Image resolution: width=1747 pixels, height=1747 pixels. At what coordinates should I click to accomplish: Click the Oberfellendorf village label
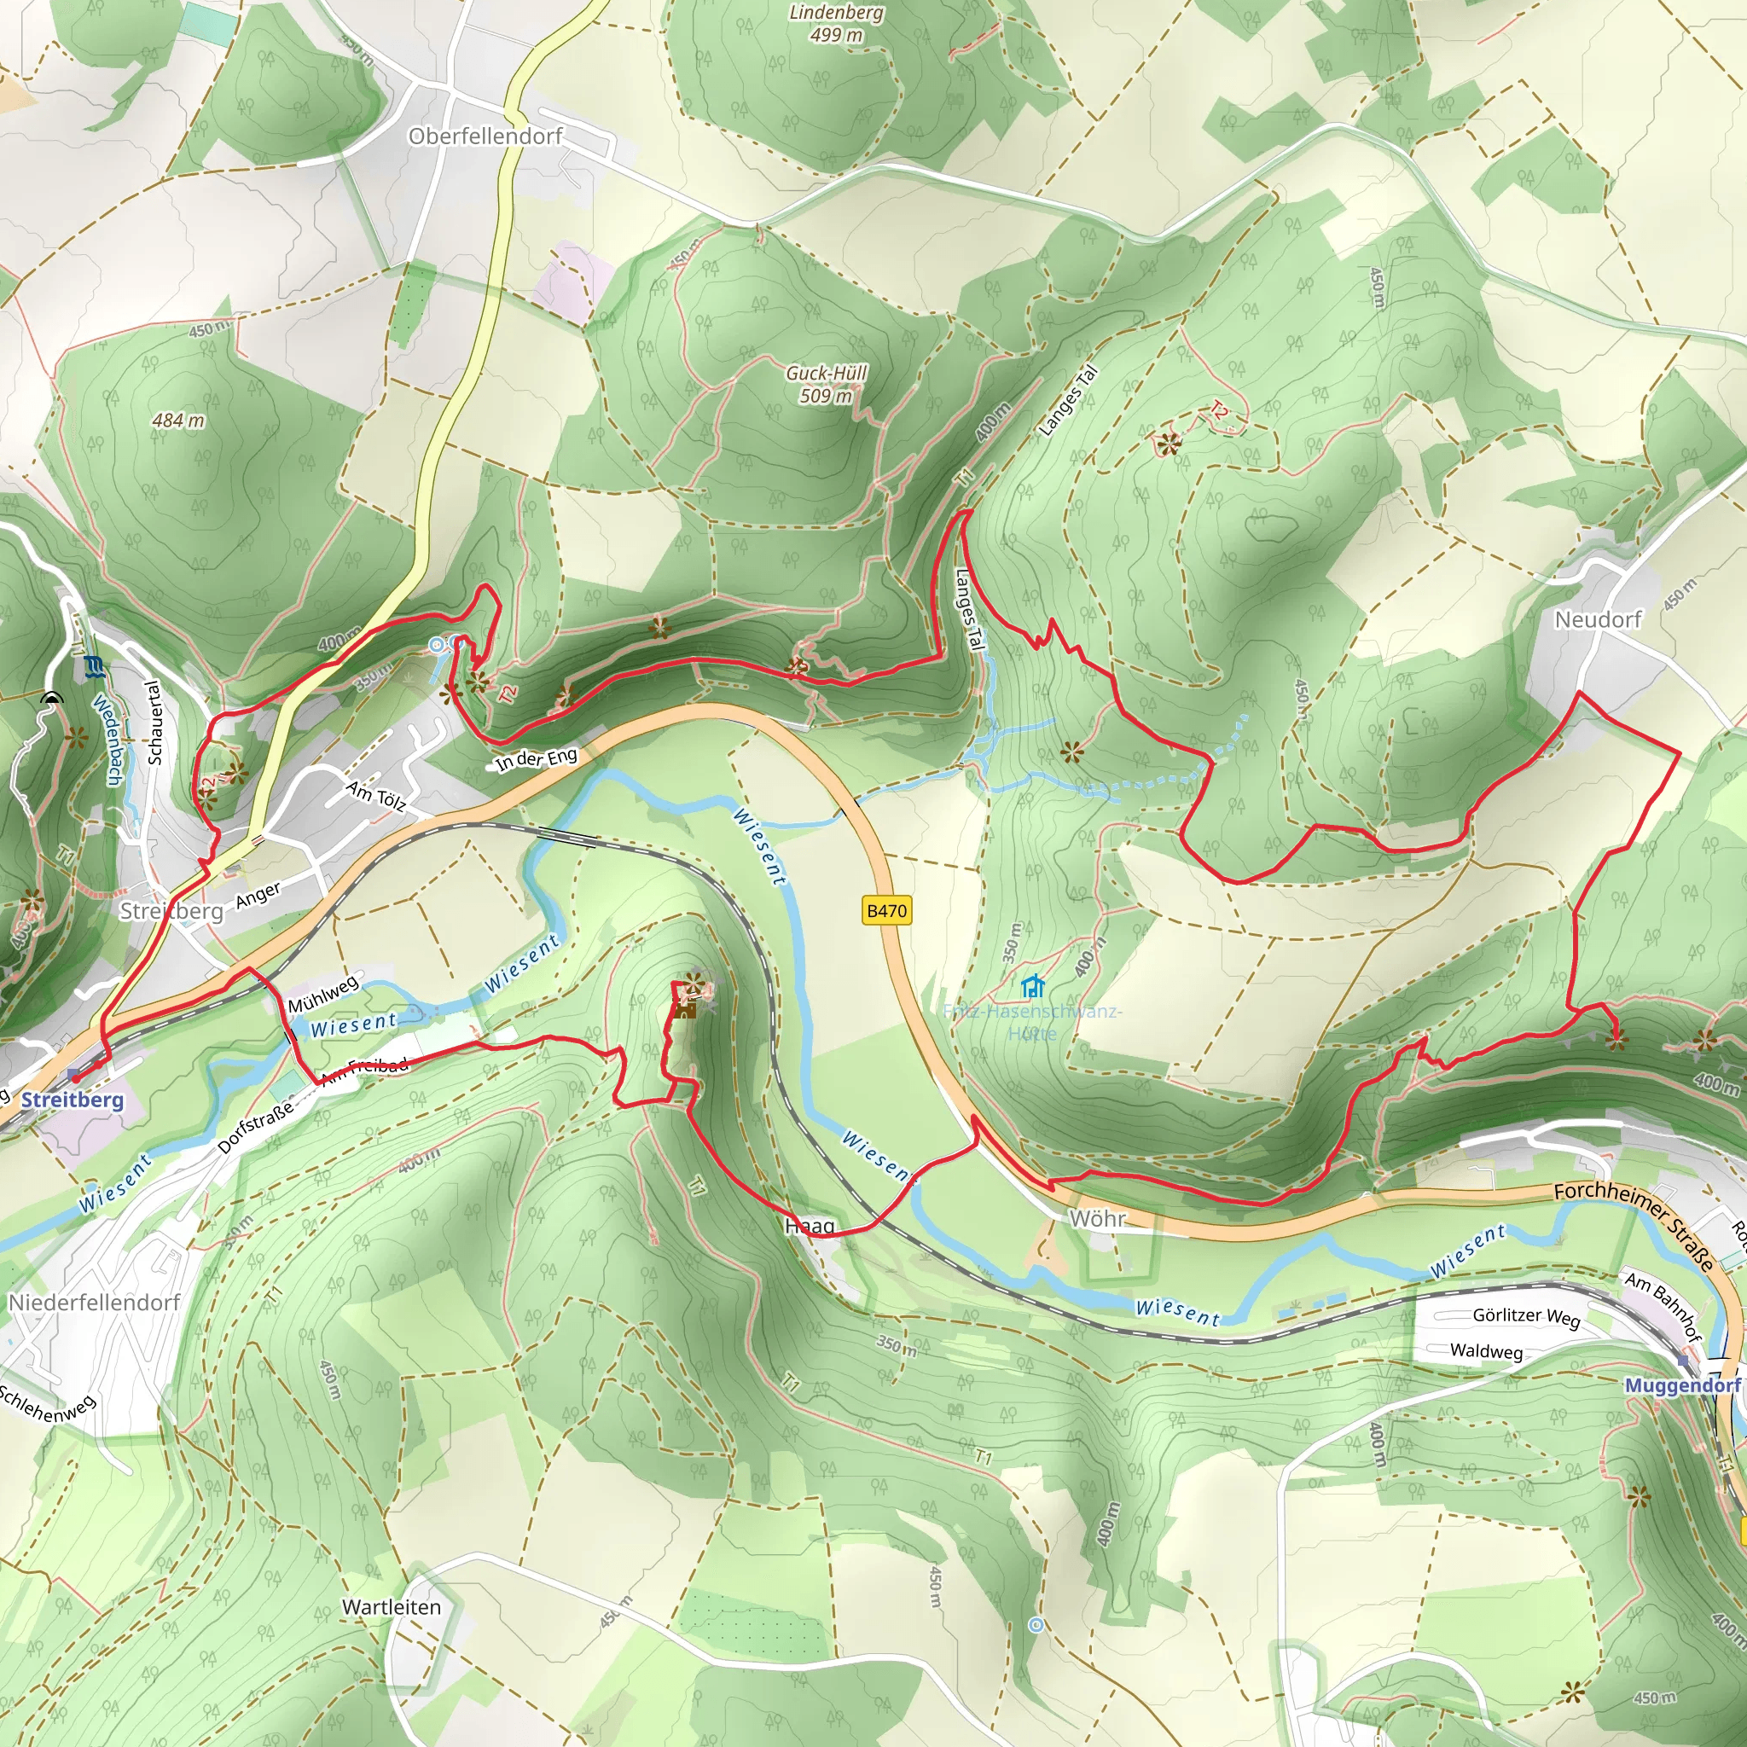(x=485, y=136)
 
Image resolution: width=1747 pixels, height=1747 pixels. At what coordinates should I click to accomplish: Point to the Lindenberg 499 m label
(x=837, y=24)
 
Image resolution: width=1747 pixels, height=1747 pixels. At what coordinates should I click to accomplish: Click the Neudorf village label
(x=1598, y=619)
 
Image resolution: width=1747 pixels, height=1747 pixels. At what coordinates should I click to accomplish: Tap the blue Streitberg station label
(x=73, y=1100)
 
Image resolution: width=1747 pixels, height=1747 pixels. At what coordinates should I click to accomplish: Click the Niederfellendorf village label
(x=94, y=1302)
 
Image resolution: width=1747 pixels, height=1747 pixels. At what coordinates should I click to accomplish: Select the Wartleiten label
(x=392, y=1607)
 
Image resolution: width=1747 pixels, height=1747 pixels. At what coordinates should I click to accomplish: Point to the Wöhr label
(x=1097, y=1219)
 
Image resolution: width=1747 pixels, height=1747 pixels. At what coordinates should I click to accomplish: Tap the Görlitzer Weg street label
(x=1525, y=1315)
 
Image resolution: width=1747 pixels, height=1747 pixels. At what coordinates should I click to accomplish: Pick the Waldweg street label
(x=1486, y=1351)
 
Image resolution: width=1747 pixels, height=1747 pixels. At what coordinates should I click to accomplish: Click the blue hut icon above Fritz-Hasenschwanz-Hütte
(x=1032, y=984)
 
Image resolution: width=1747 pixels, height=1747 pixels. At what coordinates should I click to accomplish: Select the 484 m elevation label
(x=178, y=421)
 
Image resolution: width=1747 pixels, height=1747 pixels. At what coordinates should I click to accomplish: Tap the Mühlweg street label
(x=322, y=995)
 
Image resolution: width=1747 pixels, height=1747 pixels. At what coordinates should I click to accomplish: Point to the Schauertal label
(x=154, y=723)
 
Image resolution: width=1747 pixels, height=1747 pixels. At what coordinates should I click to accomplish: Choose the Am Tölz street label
(x=375, y=797)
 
